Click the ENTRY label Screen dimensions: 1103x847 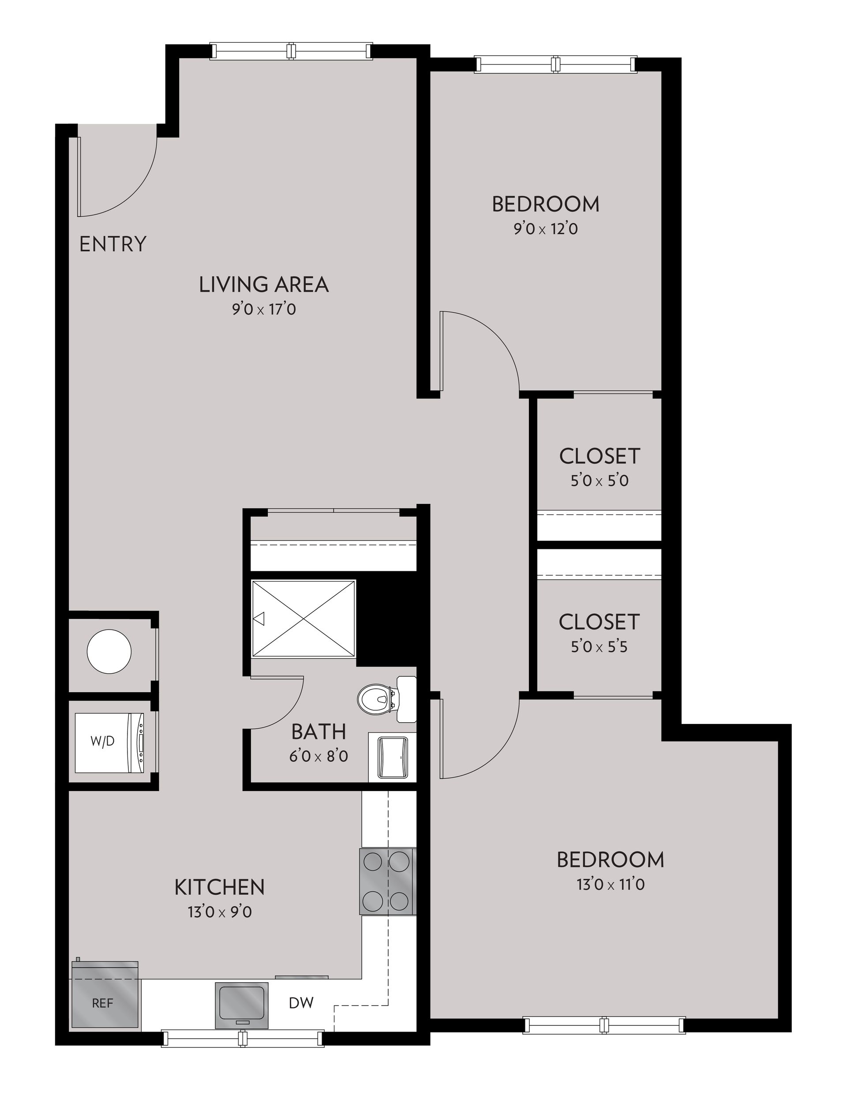point(113,244)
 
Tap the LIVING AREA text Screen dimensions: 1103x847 point(264,285)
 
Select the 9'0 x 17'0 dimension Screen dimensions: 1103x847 point(264,309)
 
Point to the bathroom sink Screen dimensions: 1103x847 point(393,757)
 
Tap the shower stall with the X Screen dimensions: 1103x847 point(304,619)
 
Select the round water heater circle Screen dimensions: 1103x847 point(109,651)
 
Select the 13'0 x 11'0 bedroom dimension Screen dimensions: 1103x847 point(611,885)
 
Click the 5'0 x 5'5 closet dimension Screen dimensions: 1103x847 point(599,647)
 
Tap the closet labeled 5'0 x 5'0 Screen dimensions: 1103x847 point(600,456)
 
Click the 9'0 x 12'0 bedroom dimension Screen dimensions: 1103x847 point(546,229)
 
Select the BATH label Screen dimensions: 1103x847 point(319,732)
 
